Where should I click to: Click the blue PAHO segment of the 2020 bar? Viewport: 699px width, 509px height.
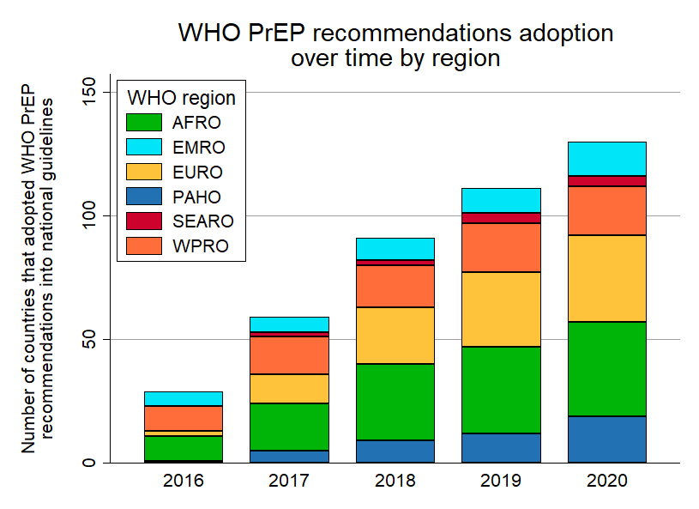[x=607, y=439]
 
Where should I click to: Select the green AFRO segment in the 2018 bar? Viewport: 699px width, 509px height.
[x=395, y=402]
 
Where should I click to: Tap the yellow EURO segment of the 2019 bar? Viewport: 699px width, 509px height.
[x=501, y=309]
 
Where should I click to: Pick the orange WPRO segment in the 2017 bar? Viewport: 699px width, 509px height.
[x=289, y=354]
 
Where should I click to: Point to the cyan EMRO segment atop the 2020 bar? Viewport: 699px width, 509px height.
[x=607, y=159]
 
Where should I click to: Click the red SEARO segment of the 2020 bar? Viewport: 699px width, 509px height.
[x=607, y=181]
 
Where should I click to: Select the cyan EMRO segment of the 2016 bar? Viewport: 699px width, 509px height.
[x=183, y=398]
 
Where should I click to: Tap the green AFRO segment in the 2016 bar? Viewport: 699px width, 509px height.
[x=183, y=448]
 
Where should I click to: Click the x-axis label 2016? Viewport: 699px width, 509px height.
[x=183, y=481]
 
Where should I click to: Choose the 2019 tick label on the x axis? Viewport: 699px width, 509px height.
[x=501, y=481]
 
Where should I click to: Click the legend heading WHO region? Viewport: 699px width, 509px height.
[x=180, y=97]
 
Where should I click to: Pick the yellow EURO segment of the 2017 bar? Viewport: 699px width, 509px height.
[x=289, y=389]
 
